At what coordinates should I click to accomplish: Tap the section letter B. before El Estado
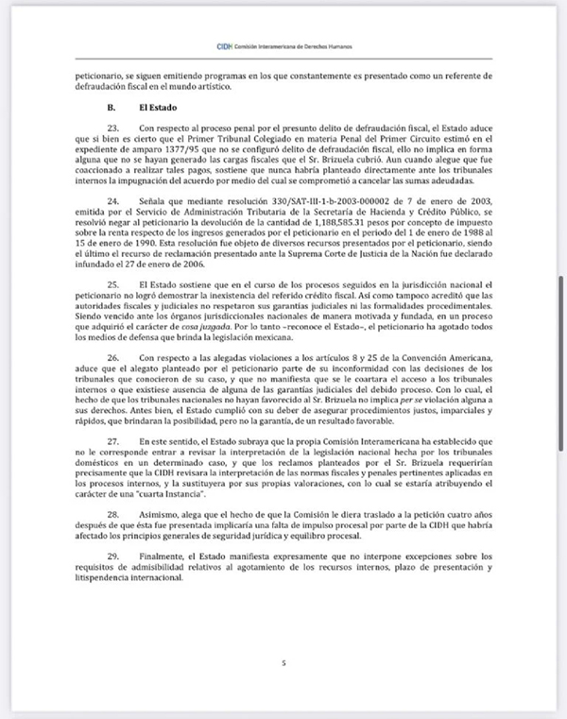[114, 109]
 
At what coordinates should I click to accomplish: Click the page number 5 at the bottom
[283, 664]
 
